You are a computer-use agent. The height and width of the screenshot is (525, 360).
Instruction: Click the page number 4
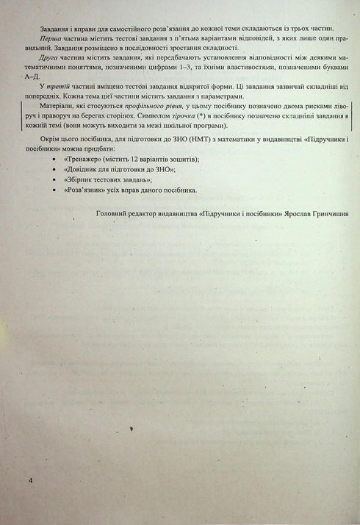tap(30, 479)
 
